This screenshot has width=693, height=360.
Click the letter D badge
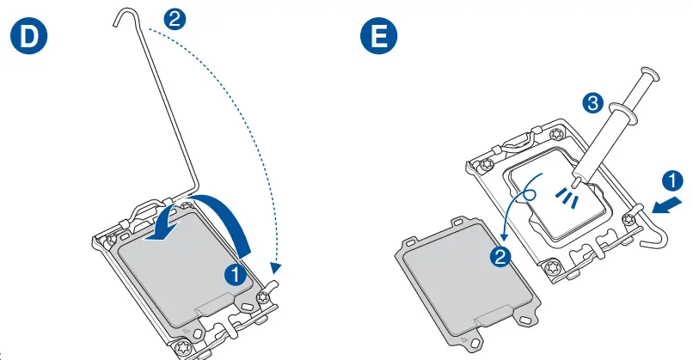pos(27,38)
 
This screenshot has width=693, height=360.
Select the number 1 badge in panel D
pos(233,276)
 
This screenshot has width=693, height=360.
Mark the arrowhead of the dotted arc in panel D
pos(274,272)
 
